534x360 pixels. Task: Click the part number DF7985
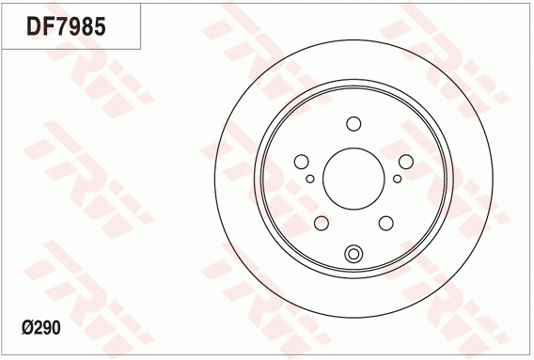click(65, 26)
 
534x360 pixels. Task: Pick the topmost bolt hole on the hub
click(353, 124)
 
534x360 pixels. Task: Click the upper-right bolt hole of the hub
click(403, 161)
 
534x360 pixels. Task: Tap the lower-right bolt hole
click(385, 222)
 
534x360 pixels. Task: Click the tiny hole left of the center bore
click(310, 178)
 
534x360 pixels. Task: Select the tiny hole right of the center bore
click(397, 178)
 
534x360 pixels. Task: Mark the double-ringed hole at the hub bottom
click(353, 253)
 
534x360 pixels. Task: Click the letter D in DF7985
click(32, 26)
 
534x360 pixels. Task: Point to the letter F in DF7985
click(46, 26)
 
